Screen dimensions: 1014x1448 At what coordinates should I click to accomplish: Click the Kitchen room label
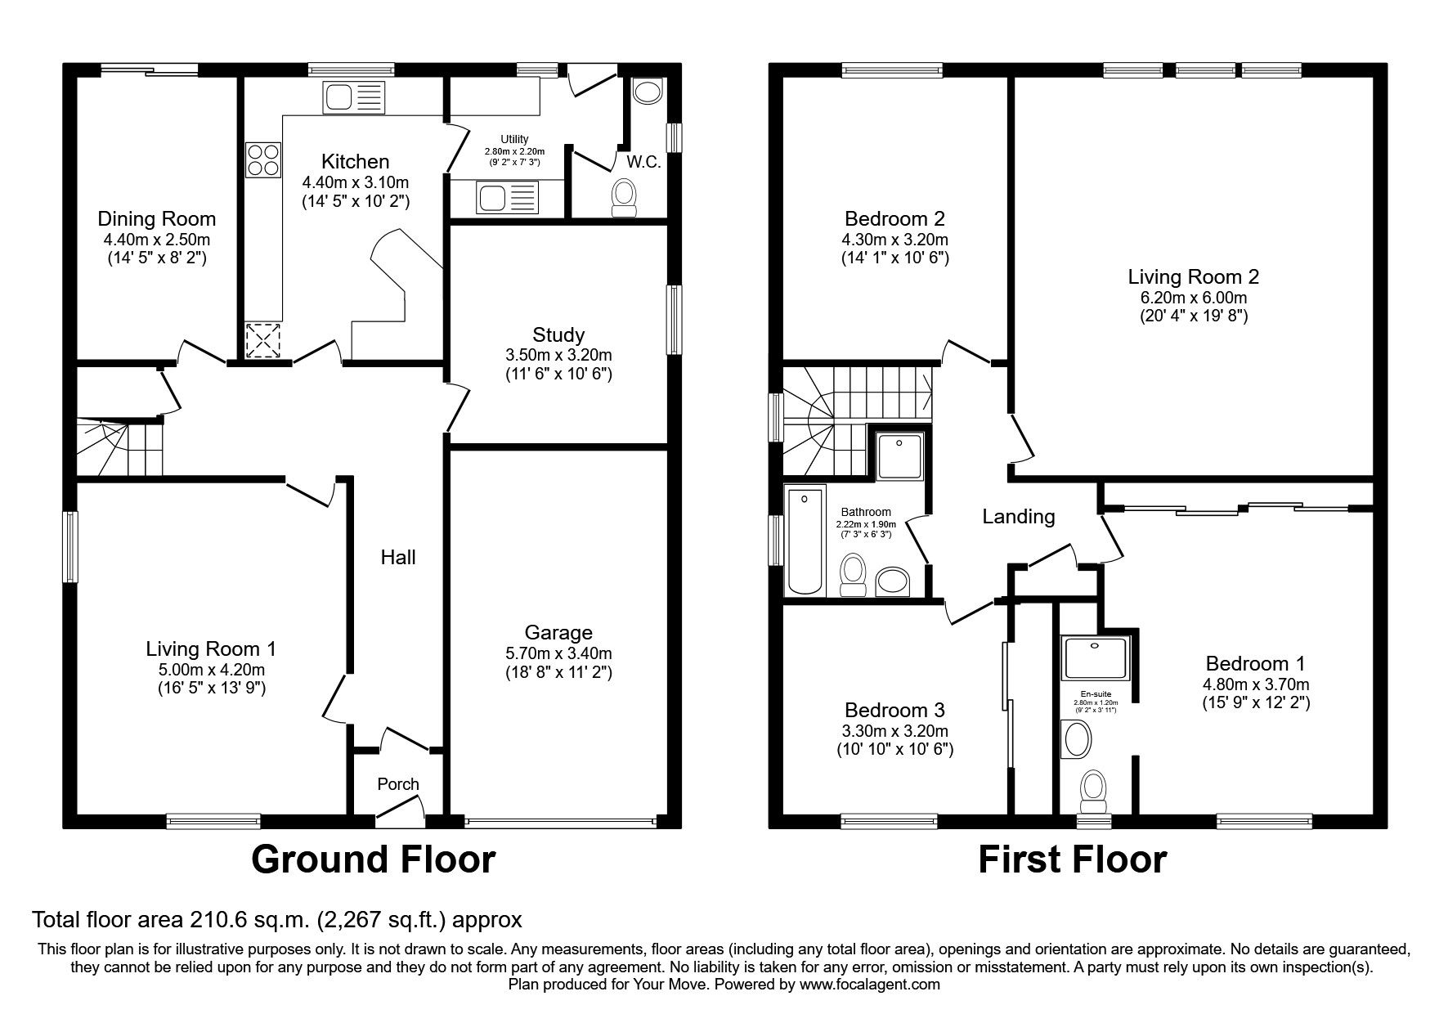click(355, 161)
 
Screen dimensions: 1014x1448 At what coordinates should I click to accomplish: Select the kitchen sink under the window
click(353, 97)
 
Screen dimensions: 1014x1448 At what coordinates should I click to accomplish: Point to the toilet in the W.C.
click(625, 200)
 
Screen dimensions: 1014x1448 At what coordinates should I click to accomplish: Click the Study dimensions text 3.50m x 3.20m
click(558, 355)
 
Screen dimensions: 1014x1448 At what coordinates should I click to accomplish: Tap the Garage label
click(558, 632)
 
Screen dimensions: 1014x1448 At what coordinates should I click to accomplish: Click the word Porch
click(398, 783)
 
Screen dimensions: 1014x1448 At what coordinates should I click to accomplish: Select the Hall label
click(398, 557)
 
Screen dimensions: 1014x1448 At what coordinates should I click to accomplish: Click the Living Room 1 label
click(211, 648)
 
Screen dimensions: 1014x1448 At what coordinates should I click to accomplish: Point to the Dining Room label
click(157, 218)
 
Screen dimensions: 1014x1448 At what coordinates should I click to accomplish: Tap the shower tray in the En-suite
click(1096, 659)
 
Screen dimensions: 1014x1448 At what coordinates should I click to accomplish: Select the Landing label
click(1018, 516)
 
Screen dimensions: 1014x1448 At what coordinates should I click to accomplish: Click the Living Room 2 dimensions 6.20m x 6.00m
click(1194, 298)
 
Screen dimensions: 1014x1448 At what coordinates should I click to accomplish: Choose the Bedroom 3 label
click(894, 709)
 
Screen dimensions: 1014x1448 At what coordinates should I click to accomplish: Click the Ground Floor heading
click(373, 859)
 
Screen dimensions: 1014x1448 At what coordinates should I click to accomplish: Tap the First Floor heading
click(1072, 859)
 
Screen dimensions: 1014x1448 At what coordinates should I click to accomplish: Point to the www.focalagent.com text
click(870, 985)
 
